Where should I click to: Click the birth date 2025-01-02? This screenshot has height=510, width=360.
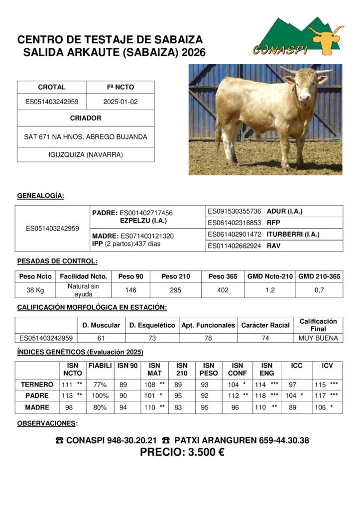120,102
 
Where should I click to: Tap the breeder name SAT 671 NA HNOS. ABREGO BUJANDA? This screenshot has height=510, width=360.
86,136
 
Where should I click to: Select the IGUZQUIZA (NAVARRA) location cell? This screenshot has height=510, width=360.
86,154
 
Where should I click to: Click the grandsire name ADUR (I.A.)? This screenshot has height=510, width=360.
284,211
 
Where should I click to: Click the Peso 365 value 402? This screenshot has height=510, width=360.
223,290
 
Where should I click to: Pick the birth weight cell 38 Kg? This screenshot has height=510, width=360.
35,290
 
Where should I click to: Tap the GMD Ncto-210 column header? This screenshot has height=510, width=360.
270,276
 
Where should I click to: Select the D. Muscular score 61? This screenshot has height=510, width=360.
101,338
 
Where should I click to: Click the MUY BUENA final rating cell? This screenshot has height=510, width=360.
318,338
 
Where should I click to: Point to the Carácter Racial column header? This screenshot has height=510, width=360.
265,325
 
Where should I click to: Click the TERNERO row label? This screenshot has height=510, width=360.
37,384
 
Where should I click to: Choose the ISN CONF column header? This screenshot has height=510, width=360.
238,369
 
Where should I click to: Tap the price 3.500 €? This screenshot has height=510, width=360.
182,453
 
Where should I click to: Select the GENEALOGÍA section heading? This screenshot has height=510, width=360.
40,196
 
